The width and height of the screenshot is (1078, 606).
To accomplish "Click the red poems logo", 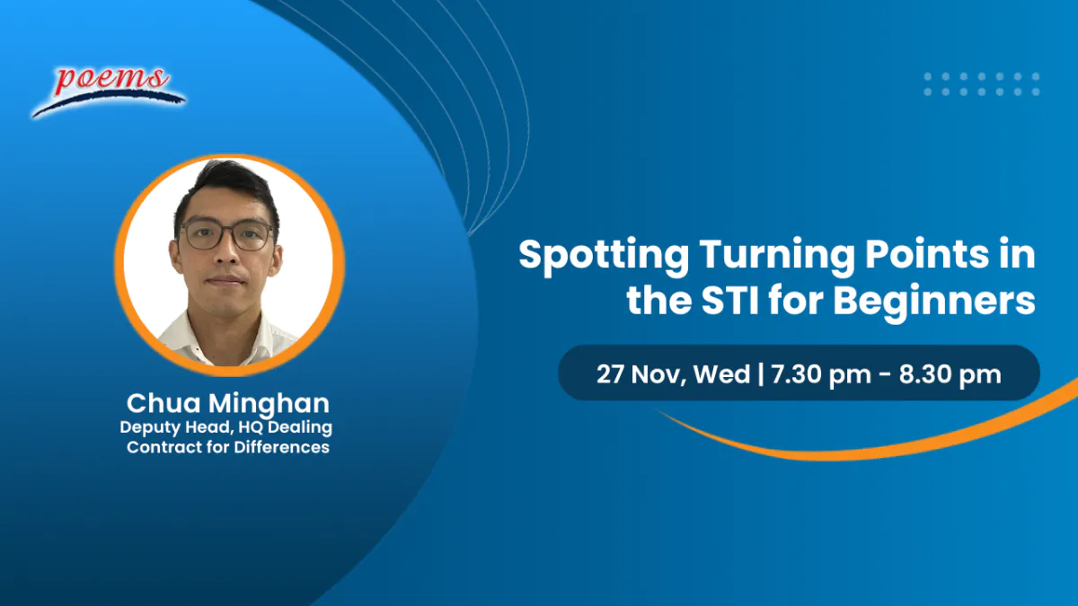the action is pyautogui.click(x=109, y=92).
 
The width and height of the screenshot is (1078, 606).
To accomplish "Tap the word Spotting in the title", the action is pyautogui.click(x=604, y=257).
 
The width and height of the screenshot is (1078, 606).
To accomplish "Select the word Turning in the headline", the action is pyautogui.click(x=777, y=257).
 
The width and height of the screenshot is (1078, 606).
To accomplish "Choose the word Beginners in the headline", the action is pyautogui.click(x=934, y=303).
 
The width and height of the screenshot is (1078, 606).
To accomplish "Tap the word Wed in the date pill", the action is pyautogui.click(x=721, y=373).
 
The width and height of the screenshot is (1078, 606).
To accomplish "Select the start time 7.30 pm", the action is pyautogui.click(x=821, y=374).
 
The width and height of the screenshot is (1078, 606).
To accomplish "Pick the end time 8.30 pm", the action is pyautogui.click(x=950, y=374).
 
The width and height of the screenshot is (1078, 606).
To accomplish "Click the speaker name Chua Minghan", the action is pyautogui.click(x=227, y=403).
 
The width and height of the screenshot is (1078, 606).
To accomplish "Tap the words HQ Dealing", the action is pyautogui.click(x=285, y=427).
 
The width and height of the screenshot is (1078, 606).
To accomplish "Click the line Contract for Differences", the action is pyautogui.click(x=228, y=447).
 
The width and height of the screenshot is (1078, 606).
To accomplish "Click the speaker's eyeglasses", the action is pyautogui.click(x=226, y=234).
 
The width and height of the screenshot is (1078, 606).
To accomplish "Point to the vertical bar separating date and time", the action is pyautogui.click(x=760, y=374).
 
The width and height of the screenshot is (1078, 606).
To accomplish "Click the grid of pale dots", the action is pyautogui.click(x=982, y=84).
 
